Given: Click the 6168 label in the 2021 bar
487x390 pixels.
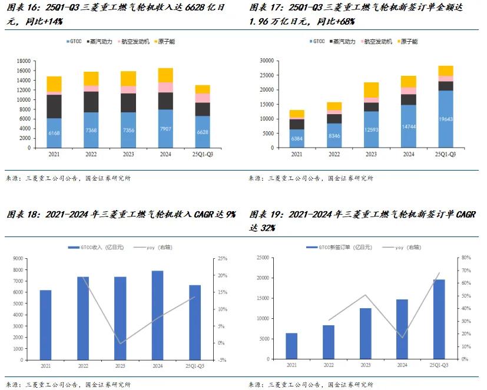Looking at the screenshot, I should (x=54, y=133).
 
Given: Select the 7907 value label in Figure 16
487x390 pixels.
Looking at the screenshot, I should (x=165, y=129).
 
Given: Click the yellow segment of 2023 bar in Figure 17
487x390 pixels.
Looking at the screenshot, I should (x=371, y=90).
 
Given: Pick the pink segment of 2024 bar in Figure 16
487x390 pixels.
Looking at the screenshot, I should (x=165, y=87).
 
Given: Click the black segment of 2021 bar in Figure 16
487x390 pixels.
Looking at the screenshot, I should (x=54, y=106).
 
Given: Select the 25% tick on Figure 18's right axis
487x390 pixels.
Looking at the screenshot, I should (x=223, y=259).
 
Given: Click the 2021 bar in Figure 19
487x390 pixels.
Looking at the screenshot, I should (x=291, y=346).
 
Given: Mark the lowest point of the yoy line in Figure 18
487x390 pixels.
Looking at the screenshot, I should (x=120, y=343).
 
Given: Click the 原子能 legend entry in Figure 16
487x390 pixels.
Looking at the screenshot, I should (x=167, y=42).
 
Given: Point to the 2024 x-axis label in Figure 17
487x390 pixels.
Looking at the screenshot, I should (x=409, y=154).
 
